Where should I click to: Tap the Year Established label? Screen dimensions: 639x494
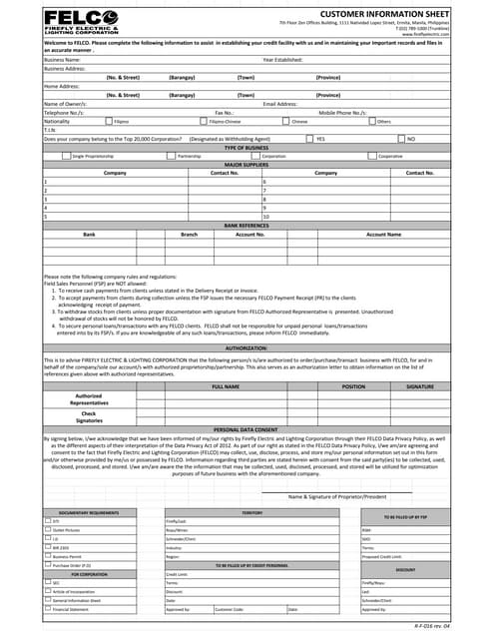282,60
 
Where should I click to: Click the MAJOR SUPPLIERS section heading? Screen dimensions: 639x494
247,164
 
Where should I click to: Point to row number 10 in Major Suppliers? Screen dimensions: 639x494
265,216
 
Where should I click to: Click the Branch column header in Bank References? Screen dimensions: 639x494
189,234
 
